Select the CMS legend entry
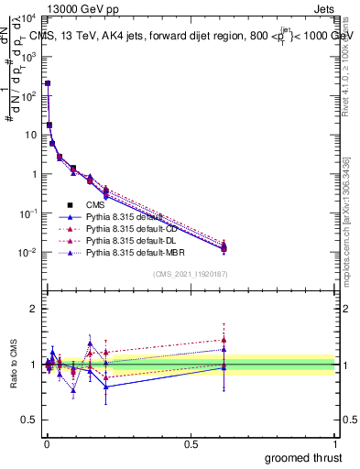pos(97,204)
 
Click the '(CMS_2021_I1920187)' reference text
pos(190,274)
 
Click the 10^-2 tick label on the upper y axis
pos(27,253)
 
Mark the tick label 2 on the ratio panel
pos(33,309)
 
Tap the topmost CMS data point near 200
pos(48,83)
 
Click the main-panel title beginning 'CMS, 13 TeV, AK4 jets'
pos(192,38)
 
